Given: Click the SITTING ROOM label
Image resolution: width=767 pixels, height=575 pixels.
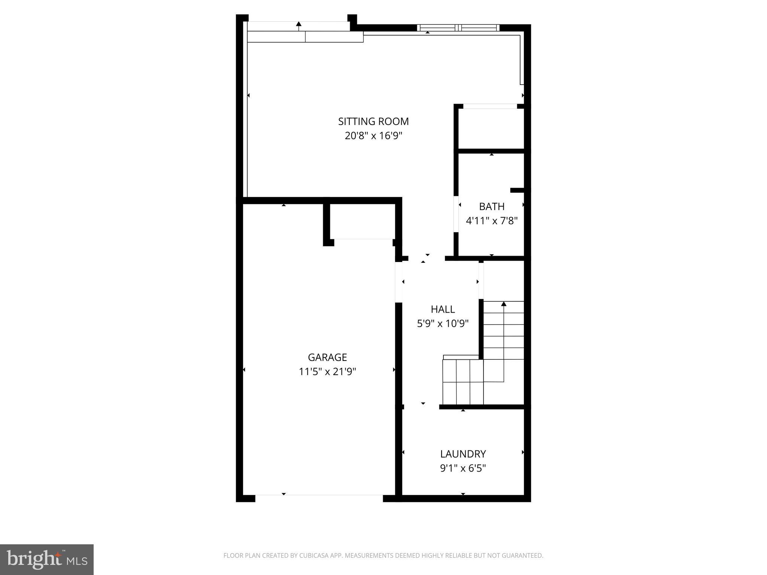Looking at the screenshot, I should click(373, 121).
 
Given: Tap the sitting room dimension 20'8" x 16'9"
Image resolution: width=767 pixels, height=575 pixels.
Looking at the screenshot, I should click(373, 136).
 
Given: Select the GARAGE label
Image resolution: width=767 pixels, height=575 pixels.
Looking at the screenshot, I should click(327, 357).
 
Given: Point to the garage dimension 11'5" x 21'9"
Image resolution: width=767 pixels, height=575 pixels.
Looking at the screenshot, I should click(327, 372).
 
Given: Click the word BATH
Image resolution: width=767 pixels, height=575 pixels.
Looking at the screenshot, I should click(491, 207).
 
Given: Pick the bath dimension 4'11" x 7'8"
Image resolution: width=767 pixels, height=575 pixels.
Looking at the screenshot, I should click(491, 221).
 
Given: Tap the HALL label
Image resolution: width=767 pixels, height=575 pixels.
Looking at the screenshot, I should click(443, 309).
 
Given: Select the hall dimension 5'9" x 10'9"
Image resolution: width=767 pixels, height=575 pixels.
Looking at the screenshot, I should click(443, 323).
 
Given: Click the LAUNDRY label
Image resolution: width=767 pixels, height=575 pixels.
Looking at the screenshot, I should click(463, 454).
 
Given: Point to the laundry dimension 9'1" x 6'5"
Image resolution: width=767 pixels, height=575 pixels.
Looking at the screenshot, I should click(463, 468).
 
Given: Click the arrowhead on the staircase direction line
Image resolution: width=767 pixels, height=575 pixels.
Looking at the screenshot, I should click(504, 304).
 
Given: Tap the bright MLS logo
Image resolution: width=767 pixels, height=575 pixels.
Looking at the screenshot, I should click(47, 559).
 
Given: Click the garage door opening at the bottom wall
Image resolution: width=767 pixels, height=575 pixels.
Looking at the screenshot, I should click(319, 498).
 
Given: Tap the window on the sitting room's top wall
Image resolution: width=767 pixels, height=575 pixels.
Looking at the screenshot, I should click(458, 28).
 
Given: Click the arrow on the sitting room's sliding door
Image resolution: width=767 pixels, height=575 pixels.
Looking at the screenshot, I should click(298, 24).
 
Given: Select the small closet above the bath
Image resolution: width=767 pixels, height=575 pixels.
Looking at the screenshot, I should click(491, 128).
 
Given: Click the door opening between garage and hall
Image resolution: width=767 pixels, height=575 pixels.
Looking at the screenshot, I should click(399, 282).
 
